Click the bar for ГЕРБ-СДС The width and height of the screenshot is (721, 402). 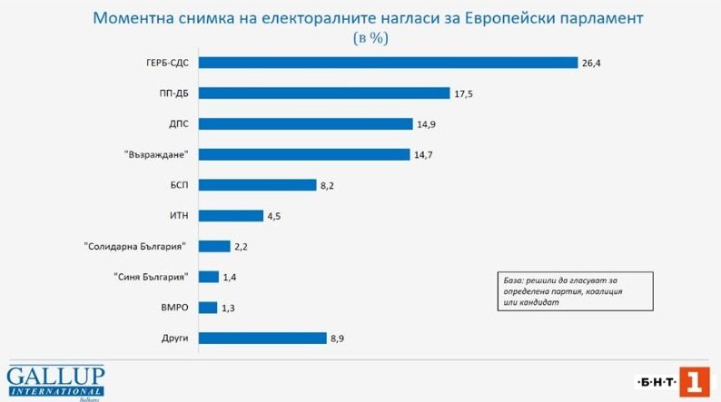pyautogui.click(x=388, y=63)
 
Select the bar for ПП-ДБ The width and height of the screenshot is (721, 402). pyautogui.click(x=324, y=93)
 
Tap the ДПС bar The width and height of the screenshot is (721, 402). pyautogui.click(x=305, y=124)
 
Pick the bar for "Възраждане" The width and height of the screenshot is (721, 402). pyautogui.click(x=303, y=154)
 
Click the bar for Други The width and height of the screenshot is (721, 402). pyautogui.click(x=262, y=338)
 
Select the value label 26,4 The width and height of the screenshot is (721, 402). pyautogui.click(x=592, y=63)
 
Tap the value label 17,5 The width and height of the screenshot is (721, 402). pyautogui.click(x=464, y=93)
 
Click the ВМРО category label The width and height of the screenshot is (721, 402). pyautogui.click(x=173, y=308)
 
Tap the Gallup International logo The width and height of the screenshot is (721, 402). pyautogui.click(x=55, y=382)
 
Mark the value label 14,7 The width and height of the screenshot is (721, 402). pyautogui.click(x=424, y=154)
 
